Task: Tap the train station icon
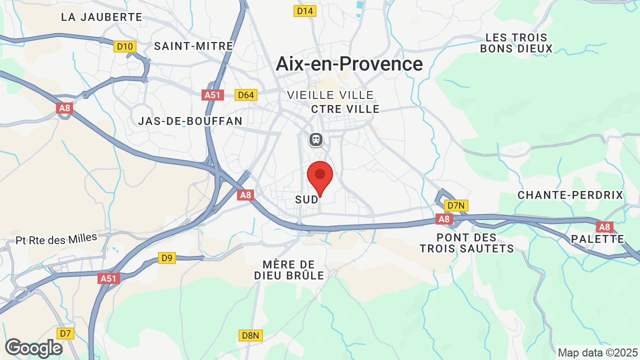(x=316, y=139)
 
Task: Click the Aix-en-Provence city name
(x=349, y=64)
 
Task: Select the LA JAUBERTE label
(x=101, y=17)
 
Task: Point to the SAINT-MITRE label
(x=193, y=46)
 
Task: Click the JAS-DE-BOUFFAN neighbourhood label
(x=190, y=121)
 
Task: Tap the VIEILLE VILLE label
(x=330, y=95)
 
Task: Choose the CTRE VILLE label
(x=345, y=109)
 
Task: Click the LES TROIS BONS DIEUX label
(x=516, y=43)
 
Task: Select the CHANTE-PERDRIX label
(x=570, y=195)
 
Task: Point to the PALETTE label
(x=597, y=239)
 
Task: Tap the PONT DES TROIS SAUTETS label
(x=466, y=243)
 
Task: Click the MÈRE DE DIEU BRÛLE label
(x=289, y=270)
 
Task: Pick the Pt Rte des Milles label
(x=56, y=239)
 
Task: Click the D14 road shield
(x=305, y=10)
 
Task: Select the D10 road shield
(x=124, y=46)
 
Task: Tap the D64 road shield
(x=246, y=95)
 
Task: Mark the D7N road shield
(x=456, y=205)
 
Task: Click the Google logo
(x=33, y=348)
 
